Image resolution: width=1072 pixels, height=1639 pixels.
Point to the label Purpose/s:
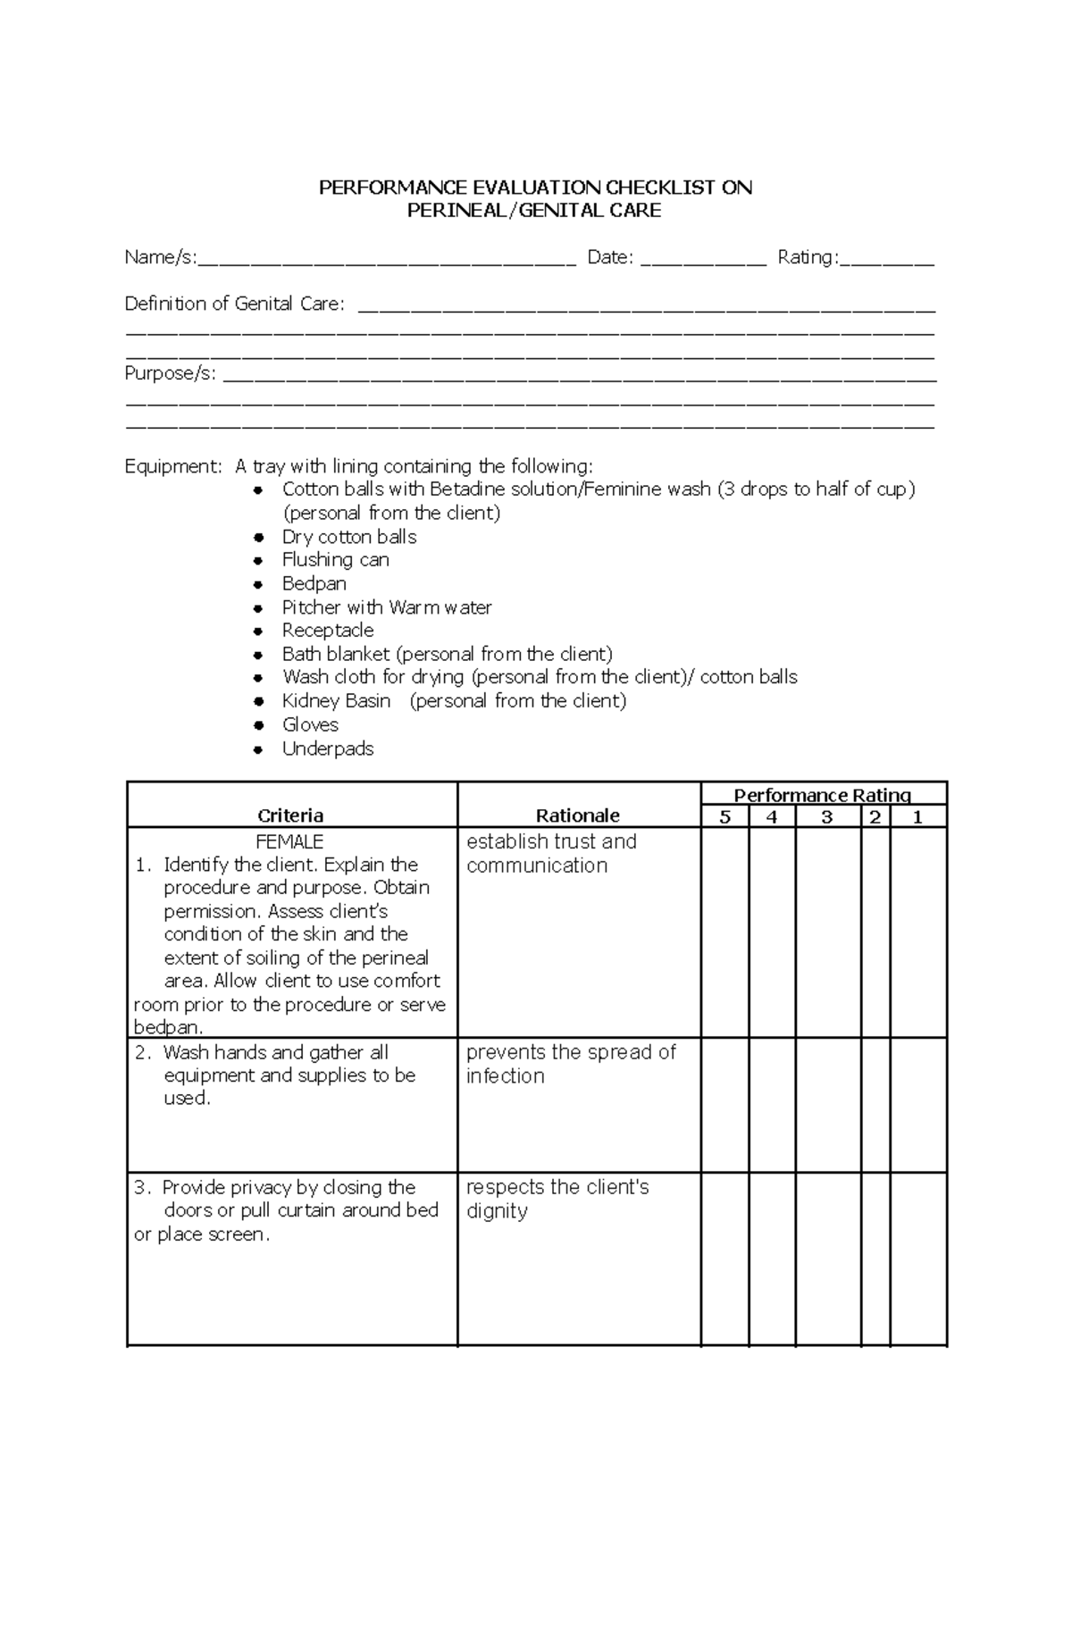170,374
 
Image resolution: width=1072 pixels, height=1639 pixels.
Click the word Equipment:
172,466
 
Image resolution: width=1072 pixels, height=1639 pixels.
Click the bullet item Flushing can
335,560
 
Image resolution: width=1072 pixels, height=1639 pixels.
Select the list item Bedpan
314,584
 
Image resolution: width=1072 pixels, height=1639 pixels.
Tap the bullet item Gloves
310,725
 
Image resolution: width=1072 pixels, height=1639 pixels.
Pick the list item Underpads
327,749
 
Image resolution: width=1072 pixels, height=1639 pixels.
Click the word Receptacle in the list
327,631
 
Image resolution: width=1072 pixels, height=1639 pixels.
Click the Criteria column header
290,815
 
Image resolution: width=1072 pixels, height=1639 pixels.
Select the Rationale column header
577,815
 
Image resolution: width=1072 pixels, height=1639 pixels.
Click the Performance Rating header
822,795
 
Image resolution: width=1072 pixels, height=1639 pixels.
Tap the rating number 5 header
724,817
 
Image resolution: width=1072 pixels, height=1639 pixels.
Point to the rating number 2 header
875,817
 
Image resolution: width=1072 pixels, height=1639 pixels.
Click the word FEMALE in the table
289,842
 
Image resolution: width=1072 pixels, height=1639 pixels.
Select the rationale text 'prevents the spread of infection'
570,1064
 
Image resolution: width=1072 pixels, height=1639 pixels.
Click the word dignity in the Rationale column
497,1212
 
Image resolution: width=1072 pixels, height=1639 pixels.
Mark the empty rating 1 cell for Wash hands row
917,1105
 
